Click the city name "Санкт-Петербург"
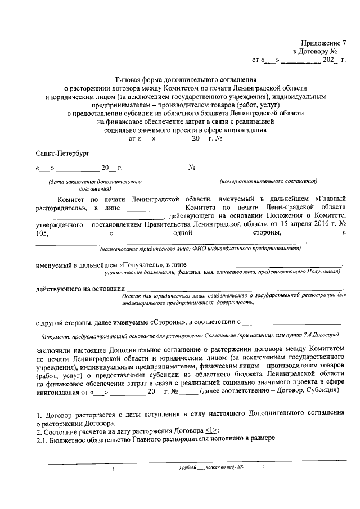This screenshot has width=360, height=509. point(62,152)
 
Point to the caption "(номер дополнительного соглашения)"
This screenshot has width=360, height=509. point(269,181)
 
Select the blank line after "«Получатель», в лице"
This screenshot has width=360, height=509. point(264,265)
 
